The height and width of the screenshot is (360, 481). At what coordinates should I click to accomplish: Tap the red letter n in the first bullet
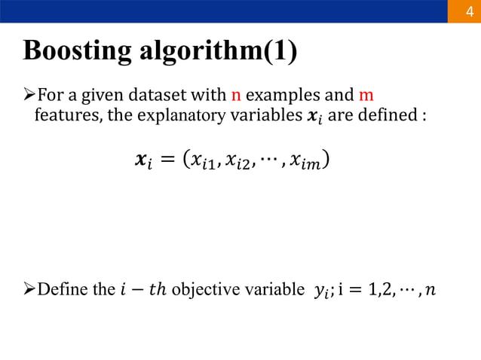click(x=234, y=96)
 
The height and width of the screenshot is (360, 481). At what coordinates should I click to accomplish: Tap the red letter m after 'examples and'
click(x=366, y=96)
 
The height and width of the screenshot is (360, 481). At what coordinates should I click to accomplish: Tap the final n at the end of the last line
click(x=429, y=290)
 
